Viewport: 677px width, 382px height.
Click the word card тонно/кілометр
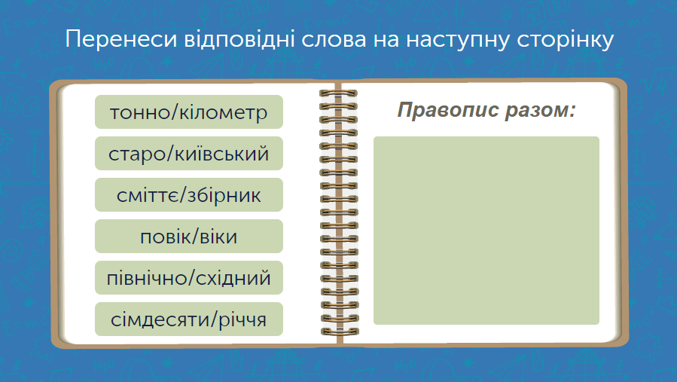[189, 112]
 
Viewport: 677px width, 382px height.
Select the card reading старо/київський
[189, 154]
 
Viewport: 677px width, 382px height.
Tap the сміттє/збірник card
[189, 195]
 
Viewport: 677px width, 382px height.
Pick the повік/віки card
[189, 237]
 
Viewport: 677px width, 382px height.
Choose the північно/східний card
[189, 278]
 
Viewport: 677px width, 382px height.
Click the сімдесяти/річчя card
[189, 319]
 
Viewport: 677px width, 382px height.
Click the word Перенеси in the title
[121, 40]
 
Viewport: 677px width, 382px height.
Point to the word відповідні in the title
[239, 40]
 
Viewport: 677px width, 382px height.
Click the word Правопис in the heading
[448, 110]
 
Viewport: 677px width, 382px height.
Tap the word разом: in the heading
[541, 111]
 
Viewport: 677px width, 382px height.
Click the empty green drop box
[486, 231]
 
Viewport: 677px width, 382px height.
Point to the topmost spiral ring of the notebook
[339, 93]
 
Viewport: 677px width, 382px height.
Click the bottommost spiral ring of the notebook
[340, 332]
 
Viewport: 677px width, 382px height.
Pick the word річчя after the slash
[242, 320]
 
